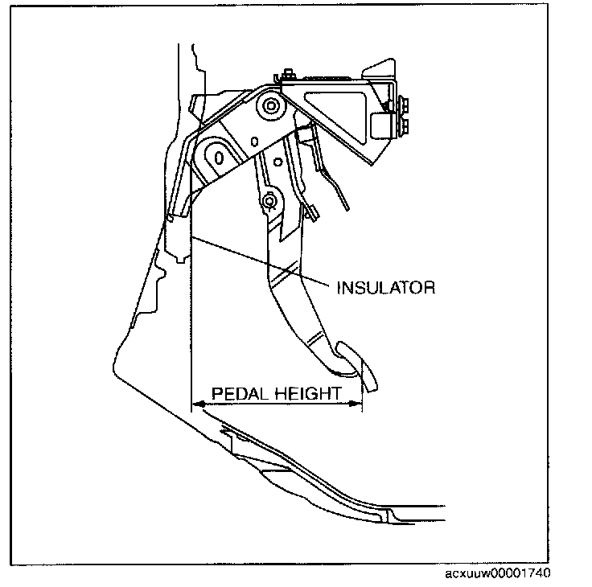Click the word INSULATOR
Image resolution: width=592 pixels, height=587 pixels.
(387, 286)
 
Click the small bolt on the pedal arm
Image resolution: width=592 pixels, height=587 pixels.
(269, 199)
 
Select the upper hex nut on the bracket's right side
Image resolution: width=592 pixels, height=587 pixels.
(403, 104)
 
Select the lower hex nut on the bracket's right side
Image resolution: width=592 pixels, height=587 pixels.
(403, 125)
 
